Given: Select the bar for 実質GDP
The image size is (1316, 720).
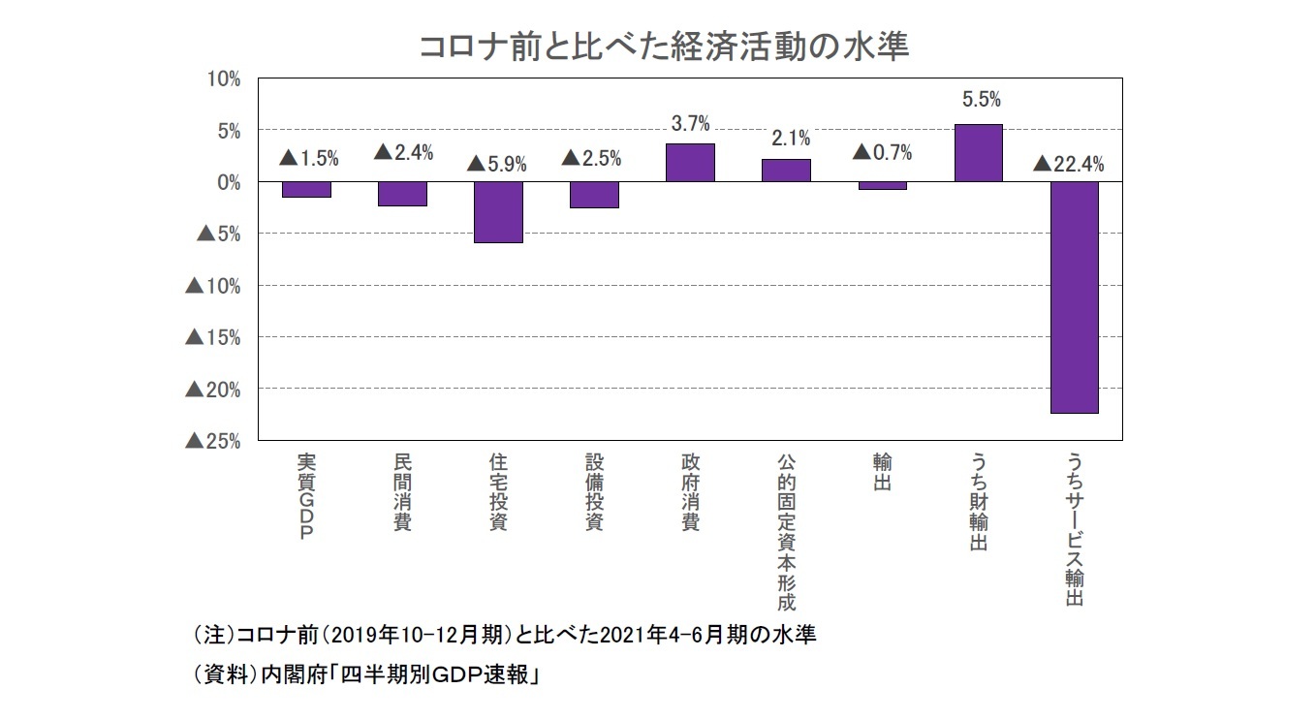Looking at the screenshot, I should click(x=307, y=190).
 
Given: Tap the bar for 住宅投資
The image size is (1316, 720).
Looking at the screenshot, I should click(x=499, y=212).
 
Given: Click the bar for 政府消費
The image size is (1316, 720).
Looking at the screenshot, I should click(x=690, y=163).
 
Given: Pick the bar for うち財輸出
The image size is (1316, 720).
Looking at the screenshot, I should click(x=978, y=153).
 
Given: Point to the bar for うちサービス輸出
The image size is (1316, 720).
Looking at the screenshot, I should click(x=1074, y=297).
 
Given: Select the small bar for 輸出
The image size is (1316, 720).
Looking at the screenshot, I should click(x=882, y=185).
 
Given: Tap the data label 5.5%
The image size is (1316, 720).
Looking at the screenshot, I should click(x=981, y=99).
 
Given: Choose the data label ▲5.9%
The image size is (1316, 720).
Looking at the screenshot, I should click(x=497, y=164).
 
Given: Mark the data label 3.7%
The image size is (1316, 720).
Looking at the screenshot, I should click(x=691, y=123).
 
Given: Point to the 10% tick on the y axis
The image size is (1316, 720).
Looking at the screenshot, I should click(x=224, y=78).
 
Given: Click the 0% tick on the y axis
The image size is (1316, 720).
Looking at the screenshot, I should click(x=229, y=182).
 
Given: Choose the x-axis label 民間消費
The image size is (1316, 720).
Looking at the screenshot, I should click(x=402, y=492).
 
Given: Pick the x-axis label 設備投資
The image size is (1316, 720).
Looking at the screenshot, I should click(x=594, y=492).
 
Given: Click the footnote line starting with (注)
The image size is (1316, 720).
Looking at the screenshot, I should click(x=505, y=636).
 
